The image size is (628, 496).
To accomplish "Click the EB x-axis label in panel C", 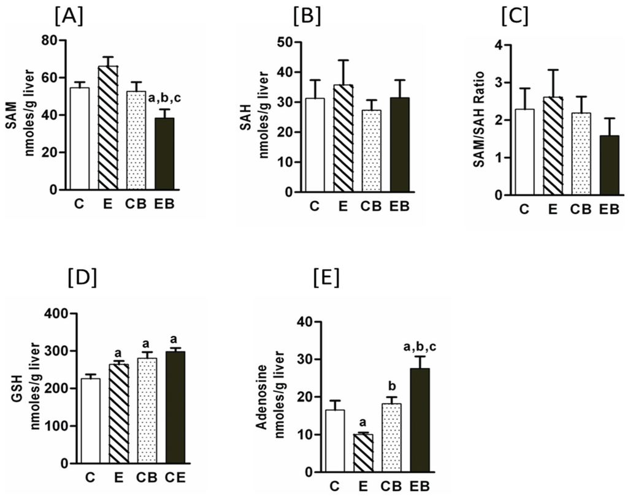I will (608, 209).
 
